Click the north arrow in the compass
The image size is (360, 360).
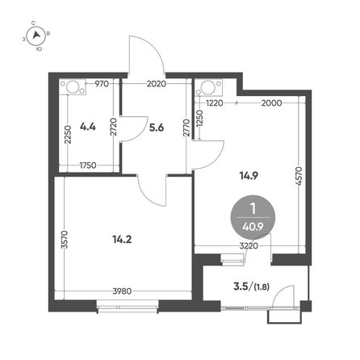36,35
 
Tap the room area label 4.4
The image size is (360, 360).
88,127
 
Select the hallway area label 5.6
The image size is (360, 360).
157,128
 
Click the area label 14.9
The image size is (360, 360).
249,176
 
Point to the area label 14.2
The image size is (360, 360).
122,239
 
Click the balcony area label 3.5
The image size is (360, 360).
241,287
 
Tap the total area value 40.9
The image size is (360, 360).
253,227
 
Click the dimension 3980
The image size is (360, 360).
122,291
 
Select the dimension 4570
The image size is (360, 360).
299,176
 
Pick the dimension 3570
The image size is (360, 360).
65,239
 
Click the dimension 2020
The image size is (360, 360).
157,84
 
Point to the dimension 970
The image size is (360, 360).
102,84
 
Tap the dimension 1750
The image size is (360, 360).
88,165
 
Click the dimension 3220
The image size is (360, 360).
249,246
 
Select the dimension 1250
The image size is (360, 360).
199,119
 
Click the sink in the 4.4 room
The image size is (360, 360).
73,87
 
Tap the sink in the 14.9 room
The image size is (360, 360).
208,87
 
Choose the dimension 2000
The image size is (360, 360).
271,103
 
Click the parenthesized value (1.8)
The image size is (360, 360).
262,287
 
